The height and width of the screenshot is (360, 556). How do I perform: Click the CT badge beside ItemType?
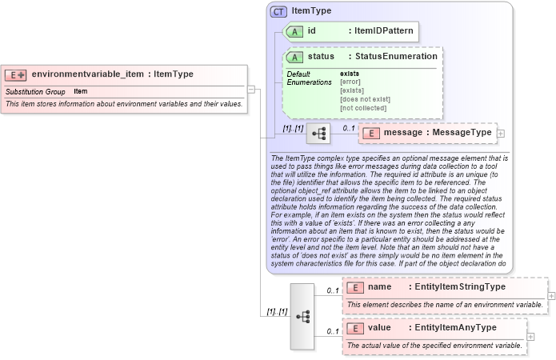(279, 11)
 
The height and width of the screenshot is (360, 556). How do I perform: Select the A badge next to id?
(294, 30)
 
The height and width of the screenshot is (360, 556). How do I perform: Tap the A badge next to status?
(294, 57)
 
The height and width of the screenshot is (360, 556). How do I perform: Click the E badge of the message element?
(370, 133)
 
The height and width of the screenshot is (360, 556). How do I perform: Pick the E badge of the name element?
(354, 287)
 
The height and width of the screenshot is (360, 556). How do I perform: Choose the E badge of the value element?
(354, 328)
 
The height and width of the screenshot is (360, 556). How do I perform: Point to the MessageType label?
(460, 133)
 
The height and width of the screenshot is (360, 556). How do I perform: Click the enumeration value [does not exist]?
(365, 98)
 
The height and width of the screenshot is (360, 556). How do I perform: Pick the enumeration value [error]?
(350, 82)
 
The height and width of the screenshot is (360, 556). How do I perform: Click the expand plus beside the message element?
(501, 134)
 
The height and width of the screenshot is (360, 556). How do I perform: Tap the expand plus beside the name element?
(551, 296)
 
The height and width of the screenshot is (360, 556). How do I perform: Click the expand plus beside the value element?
(530, 337)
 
